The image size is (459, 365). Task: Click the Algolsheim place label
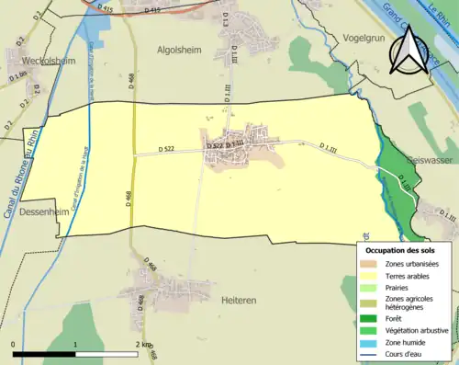(178, 51)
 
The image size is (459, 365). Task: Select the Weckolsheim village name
(43, 61)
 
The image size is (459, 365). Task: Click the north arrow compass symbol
(409, 51)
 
